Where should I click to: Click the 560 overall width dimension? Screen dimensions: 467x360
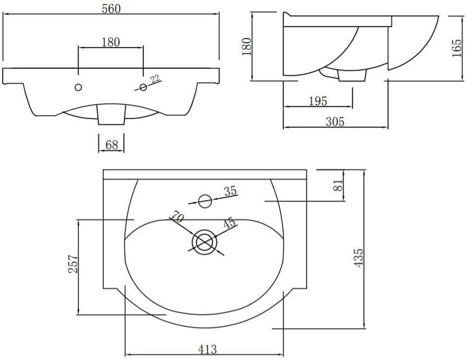click(x=111, y=9)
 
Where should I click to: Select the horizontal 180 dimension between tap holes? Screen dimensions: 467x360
click(x=111, y=42)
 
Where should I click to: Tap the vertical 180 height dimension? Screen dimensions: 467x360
click(x=247, y=46)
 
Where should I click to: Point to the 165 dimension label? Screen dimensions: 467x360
click(x=457, y=48)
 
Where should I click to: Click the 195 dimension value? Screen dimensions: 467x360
click(x=317, y=101)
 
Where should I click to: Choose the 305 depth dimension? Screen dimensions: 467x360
click(x=335, y=122)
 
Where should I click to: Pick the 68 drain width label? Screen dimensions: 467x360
click(x=112, y=145)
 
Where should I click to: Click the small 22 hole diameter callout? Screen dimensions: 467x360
click(x=155, y=79)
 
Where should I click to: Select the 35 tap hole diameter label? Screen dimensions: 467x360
click(x=230, y=191)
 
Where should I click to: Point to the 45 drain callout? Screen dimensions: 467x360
click(x=229, y=223)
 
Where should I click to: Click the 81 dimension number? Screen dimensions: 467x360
click(x=338, y=185)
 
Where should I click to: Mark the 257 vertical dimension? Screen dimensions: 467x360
click(x=74, y=264)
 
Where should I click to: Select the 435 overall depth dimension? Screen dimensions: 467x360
click(x=358, y=258)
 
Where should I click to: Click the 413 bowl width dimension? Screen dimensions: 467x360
click(x=208, y=349)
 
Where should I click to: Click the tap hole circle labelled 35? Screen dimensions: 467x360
click(x=205, y=201)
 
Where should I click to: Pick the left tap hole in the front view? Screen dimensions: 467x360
click(x=78, y=87)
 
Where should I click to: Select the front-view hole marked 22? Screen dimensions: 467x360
click(x=143, y=87)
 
